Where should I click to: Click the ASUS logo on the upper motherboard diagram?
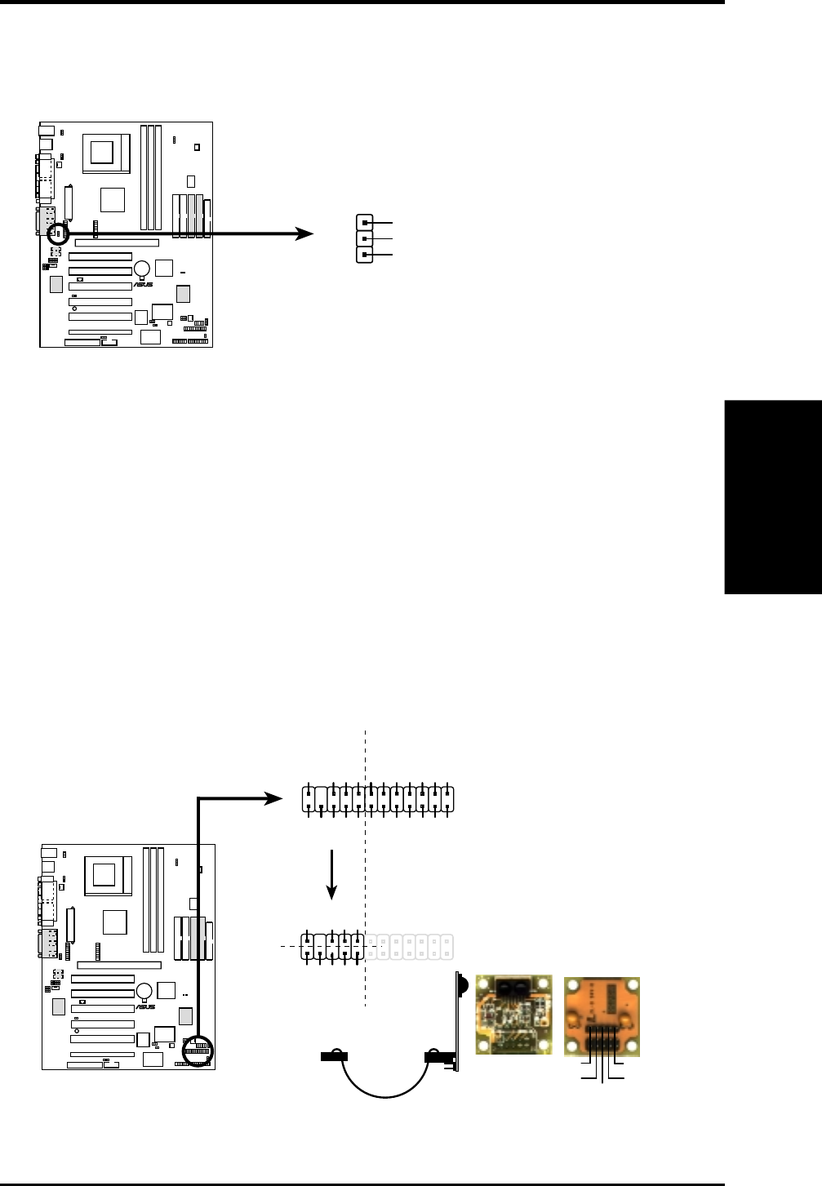[x=143, y=284]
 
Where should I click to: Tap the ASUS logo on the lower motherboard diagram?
[x=145, y=1006]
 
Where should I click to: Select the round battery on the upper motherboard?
[x=142, y=269]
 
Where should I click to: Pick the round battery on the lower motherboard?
[x=144, y=991]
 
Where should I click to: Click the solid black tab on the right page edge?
[x=773, y=497]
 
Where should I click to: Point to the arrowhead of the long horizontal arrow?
[x=304, y=233]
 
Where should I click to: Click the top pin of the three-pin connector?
[x=364, y=223]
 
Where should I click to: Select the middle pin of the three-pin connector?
[x=364, y=239]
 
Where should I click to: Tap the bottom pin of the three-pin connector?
[x=364, y=255]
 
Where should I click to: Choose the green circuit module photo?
[x=513, y=1015]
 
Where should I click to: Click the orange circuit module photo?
[x=602, y=1016]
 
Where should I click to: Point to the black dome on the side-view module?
[x=464, y=985]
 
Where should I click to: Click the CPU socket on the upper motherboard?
[x=106, y=153]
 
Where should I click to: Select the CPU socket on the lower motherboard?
[x=108, y=876]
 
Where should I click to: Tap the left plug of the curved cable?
[x=334, y=1055]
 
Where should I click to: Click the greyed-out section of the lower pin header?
[x=409, y=947]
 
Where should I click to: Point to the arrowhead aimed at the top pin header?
[x=273, y=798]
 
